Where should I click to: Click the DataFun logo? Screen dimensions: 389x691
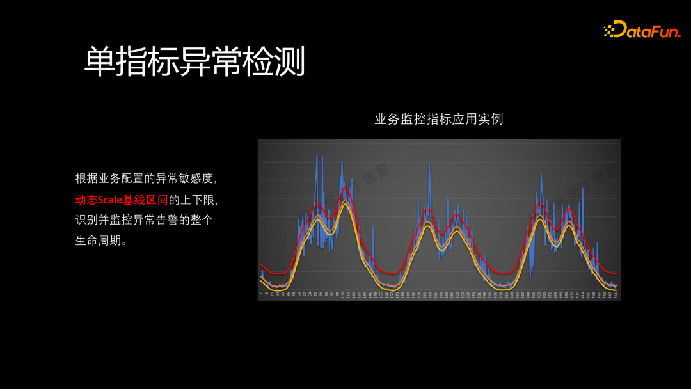click(x=642, y=29)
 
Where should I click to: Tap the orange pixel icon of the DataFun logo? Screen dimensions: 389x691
click(x=610, y=29)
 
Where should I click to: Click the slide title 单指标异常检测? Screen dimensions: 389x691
click(x=195, y=62)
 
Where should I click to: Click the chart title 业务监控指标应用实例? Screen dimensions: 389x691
click(x=439, y=119)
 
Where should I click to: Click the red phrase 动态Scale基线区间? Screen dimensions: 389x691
click(x=122, y=200)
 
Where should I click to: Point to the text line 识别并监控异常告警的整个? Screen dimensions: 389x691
click(x=144, y=220)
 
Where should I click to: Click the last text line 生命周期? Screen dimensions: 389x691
click(x=101, y=241)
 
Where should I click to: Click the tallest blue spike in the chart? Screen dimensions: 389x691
click(x=317, y=155)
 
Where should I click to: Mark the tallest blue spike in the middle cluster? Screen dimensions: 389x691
click(x=429, y=164)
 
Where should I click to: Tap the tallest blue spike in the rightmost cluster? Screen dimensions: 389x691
click(x=541, y=174)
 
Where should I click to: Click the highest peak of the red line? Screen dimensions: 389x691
click(x=345, y=187)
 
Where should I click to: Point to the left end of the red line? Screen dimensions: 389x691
click(x=261, y=264)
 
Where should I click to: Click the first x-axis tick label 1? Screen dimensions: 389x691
click(x=261, y=294)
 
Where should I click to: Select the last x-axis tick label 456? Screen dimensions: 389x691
click(x=615, y=294)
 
